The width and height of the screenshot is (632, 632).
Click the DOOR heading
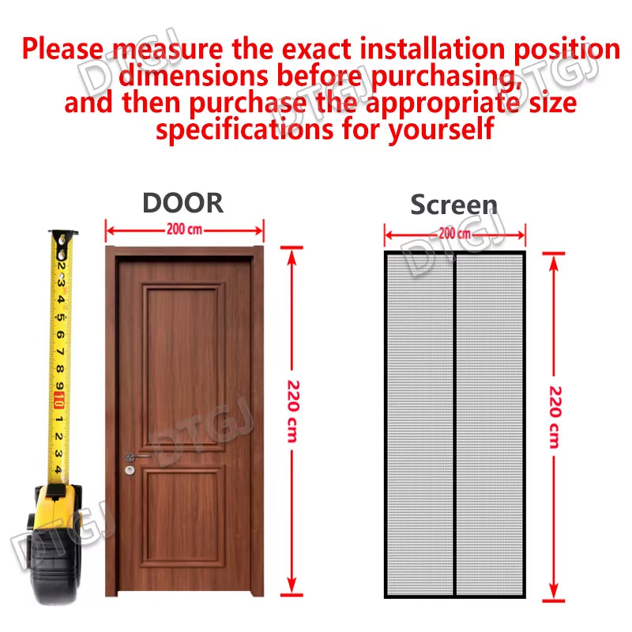tap(182, 202)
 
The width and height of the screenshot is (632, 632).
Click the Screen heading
tap(453, 205)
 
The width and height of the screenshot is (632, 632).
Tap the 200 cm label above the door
tap(183, 230)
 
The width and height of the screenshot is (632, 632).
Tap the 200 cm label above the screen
tap(454, 233)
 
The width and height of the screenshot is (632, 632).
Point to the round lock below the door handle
tap(129, 471)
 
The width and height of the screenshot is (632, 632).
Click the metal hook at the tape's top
tap(63, 236)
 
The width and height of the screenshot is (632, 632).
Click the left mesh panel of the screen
tap(419, 423)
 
